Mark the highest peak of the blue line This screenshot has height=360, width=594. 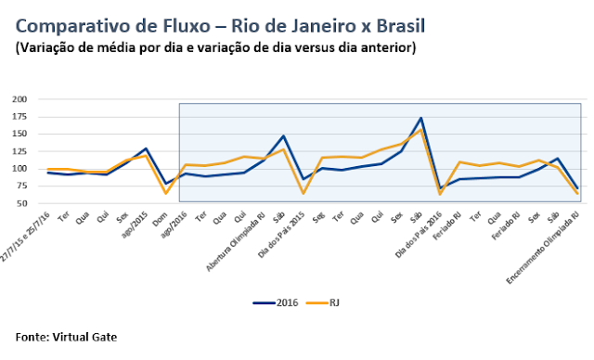click(421, 118)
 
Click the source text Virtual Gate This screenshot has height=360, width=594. click(91, 337)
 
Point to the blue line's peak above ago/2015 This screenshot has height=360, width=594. click(146, 148)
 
